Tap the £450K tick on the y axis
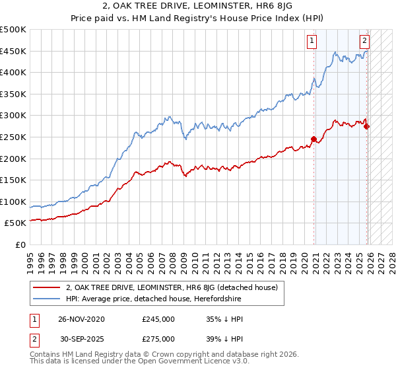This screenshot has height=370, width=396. [13, 51]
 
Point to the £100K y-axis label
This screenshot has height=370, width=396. [13, 202]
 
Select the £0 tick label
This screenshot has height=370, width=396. [20, 244]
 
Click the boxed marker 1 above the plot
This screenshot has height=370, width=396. [311, 40]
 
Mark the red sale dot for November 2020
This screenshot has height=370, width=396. [314, 139]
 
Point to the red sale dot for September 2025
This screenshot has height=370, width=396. [367, 126]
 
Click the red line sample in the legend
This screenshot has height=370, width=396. [46, 288]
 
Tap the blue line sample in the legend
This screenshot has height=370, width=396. [46, 299]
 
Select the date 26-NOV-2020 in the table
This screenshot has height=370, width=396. [81, 319]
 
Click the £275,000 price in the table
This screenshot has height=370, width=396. [158, 338]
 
